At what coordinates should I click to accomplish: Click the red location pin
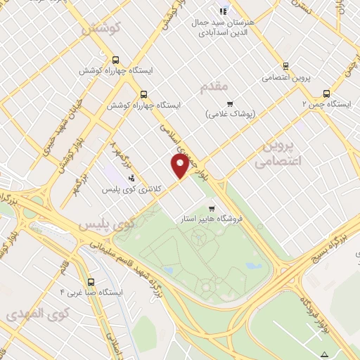180,165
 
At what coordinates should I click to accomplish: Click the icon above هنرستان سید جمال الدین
224,11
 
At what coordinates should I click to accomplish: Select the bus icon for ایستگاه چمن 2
326,94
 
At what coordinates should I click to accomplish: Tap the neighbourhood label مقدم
215,87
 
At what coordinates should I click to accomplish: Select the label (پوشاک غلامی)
231,113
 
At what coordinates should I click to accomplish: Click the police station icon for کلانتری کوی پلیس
131,178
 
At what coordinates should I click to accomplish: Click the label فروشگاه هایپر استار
211,219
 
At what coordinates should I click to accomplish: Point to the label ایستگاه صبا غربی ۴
91,291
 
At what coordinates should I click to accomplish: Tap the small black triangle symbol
324,354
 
